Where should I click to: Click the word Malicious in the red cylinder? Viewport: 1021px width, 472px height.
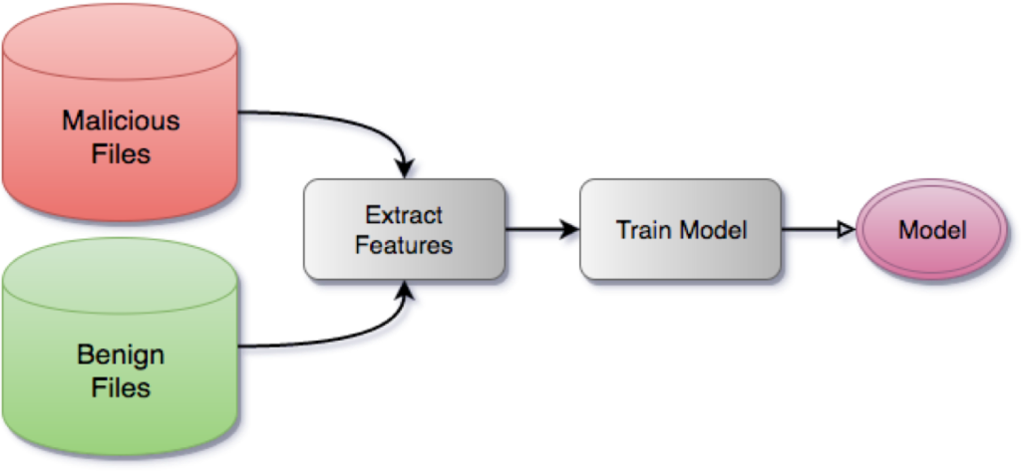coord(121,121)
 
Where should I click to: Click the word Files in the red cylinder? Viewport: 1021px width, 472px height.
coord(121,154)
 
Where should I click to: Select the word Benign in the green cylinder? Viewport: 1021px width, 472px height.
coord(121,354)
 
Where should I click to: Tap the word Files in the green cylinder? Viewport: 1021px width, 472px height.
coord(121,387)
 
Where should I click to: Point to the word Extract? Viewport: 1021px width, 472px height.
coord(403,214)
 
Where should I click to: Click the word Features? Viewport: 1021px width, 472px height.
coord(403,245)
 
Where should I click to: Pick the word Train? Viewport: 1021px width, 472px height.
coord(642,230)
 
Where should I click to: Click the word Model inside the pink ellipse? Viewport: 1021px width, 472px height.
coord(932,230)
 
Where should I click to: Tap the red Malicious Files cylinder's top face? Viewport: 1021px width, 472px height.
coord(121,44)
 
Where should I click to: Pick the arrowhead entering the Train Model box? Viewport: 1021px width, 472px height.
coord(572,235)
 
